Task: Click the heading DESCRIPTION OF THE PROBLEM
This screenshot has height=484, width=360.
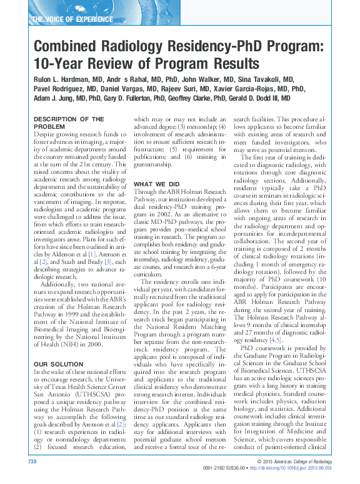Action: point(68,122)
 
